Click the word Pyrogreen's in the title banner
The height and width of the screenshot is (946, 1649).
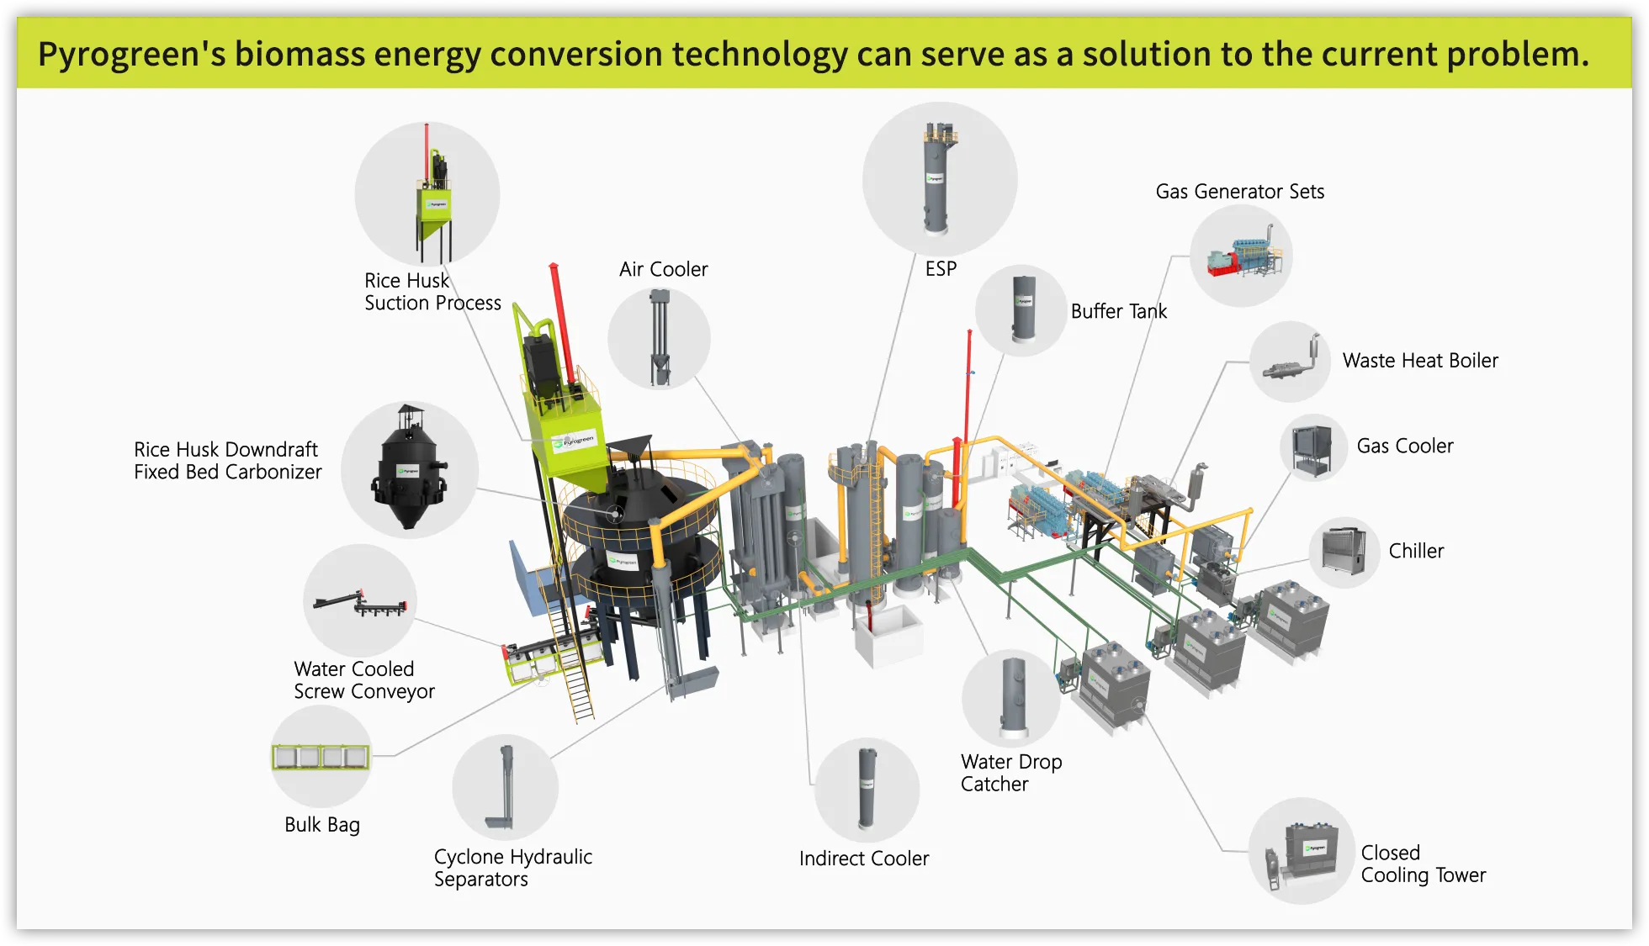131,54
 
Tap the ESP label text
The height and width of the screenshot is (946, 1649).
941,268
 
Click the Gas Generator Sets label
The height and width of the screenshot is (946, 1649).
1239,192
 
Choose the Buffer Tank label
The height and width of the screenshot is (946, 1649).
1118,311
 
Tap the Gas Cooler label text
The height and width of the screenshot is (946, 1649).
1404,446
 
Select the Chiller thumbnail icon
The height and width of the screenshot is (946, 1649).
1344,552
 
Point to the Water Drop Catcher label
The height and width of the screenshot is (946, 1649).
1010,773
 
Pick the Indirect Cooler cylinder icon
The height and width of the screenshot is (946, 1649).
867,789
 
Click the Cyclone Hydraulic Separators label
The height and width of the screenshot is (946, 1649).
512,868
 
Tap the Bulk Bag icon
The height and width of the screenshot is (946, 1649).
321,757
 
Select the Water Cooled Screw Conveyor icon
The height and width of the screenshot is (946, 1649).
360,602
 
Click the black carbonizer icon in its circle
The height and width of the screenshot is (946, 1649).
409,468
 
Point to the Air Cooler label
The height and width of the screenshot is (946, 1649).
663,269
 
